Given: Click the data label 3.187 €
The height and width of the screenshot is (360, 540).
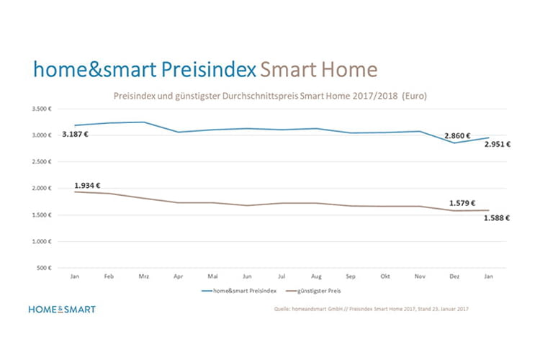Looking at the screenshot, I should click(76, 135).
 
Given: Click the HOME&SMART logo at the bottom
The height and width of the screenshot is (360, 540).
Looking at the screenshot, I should click(61, 310).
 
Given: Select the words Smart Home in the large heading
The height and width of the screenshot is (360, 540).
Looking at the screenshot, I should click(318, 70).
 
